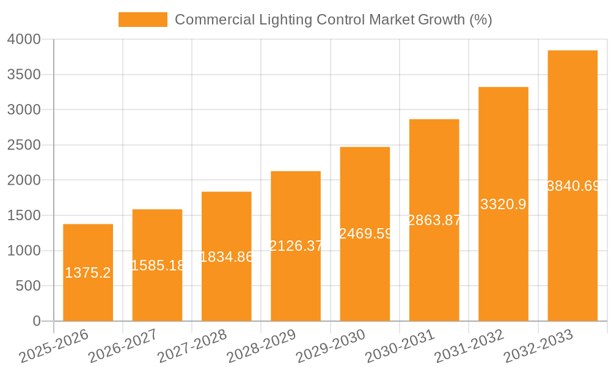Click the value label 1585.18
[158, 265]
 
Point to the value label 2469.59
[365, 234]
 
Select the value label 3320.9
[503, 204]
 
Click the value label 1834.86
[227, 257]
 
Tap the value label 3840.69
[573, 186]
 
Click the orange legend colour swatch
[142, 20]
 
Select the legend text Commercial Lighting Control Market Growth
[333, 20]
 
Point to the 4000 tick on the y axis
[24, 39]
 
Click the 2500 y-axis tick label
[24, 145]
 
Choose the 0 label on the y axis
[36, 321]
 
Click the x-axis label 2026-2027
[122, 346]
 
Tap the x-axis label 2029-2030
[330, 346]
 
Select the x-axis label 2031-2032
[469, 346]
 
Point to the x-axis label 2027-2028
[191, 346]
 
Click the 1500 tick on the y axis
[24, 215]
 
